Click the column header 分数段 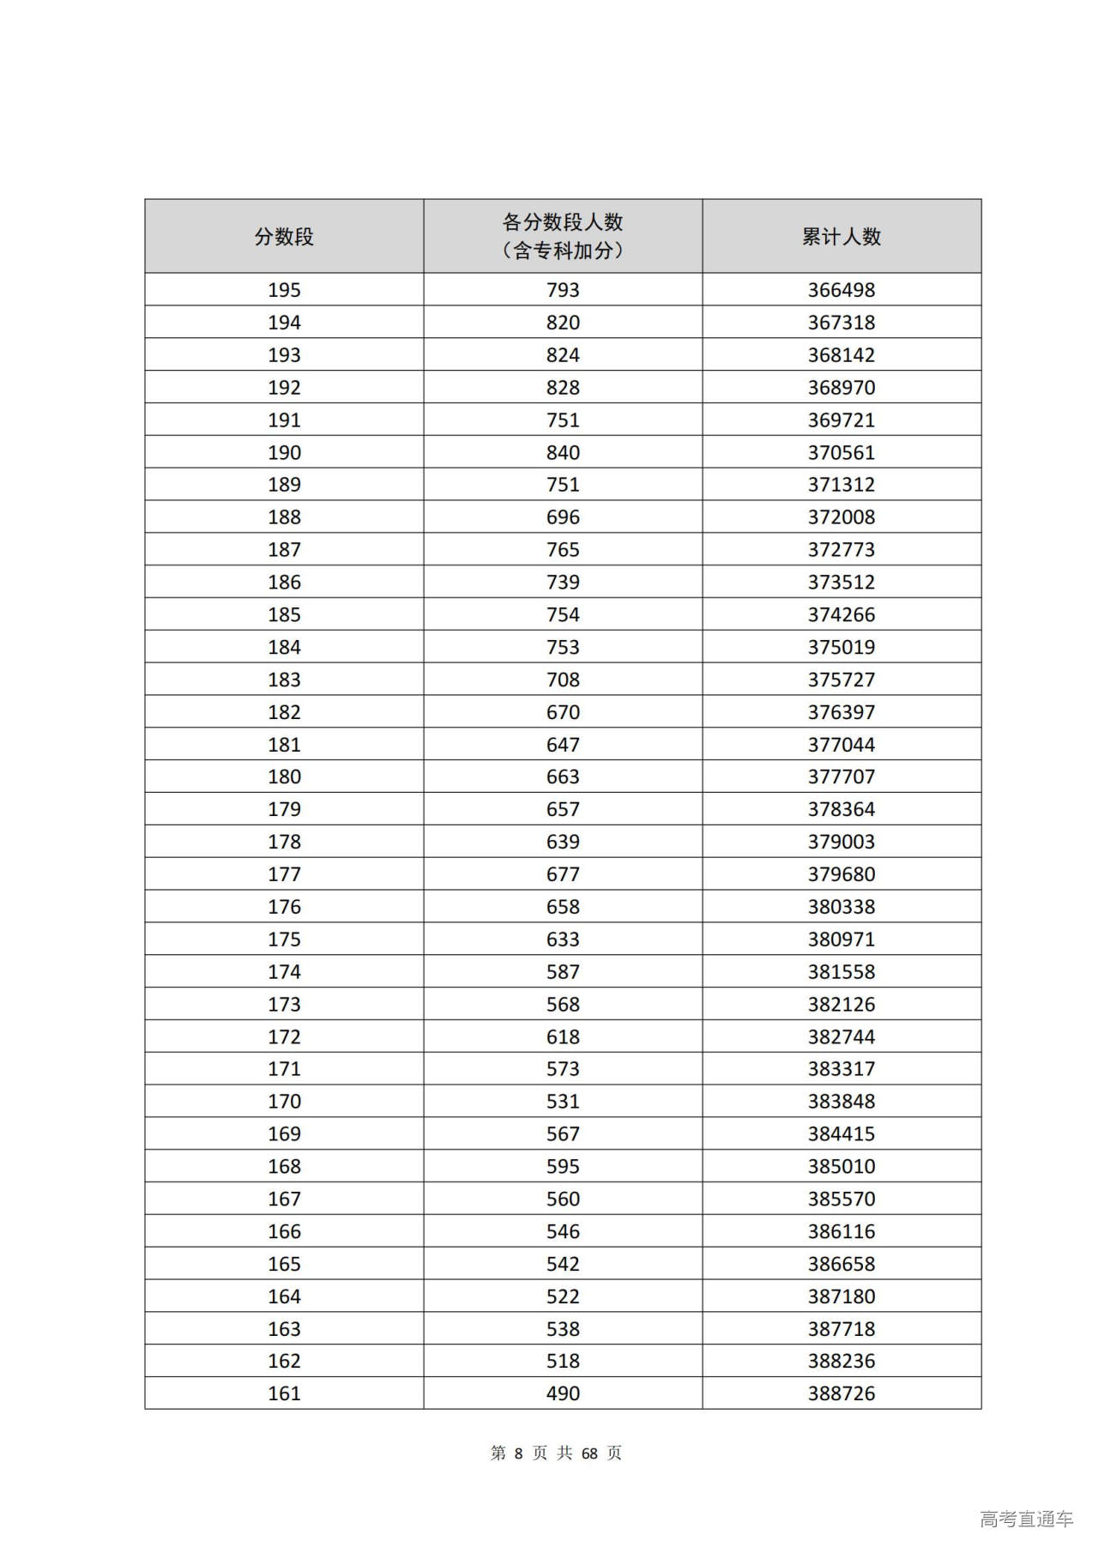(284, 237)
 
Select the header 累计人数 (841, 237)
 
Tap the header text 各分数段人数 (563, 222)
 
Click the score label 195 (284, 290)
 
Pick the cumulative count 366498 (841, 290)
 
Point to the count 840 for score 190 (563, 452)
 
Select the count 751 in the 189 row (563, 485)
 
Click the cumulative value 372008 (841, 517)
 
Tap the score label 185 (284, 614)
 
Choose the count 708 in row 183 (563, 680)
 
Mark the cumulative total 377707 (841, 776)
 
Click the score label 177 (284, 874)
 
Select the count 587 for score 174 (563, 971)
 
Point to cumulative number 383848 (841, 1101)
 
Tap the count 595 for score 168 (563, 1166)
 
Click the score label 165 (284, 1264)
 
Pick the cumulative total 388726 (841, 1393)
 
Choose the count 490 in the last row (563, 1393)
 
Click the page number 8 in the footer (518, 1453)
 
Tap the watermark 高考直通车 (1026, 1519)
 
